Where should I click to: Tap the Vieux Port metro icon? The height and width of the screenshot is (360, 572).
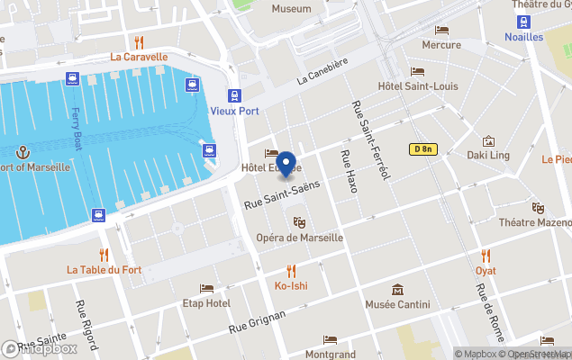(x=234, y=95)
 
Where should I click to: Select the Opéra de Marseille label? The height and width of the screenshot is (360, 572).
(x=300, y=238)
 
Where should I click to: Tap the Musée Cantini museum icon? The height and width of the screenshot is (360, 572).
(x=398, y=290)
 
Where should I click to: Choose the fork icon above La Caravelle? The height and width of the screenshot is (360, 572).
(x=139, y=41)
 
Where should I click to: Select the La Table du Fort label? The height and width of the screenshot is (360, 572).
(x=104, y=269)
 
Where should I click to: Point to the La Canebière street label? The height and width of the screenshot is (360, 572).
(x=322, y=78)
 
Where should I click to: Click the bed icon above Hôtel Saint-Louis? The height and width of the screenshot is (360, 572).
(x=418, y=71)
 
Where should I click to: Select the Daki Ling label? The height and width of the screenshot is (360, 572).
(x=488, y=156)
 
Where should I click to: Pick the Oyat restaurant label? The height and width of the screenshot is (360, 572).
(x=486, y=270)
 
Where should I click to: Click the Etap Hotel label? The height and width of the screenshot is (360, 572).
(x=206, y=303)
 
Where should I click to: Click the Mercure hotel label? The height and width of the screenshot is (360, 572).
(x=441, y=44)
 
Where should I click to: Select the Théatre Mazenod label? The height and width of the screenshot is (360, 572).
(x=536, y=222)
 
